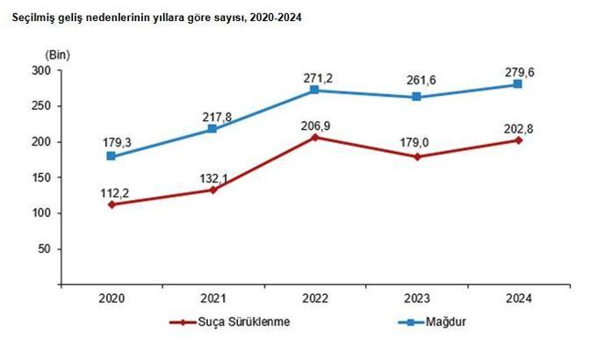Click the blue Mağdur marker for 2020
[111, 156]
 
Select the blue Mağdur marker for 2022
[314, 90]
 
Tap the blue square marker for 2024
[518, 84]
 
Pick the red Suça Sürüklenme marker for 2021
[212, 190]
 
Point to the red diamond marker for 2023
[416, 156]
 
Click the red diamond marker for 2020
[111, 204]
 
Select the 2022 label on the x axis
[314, 298]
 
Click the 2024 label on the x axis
[518, 298]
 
